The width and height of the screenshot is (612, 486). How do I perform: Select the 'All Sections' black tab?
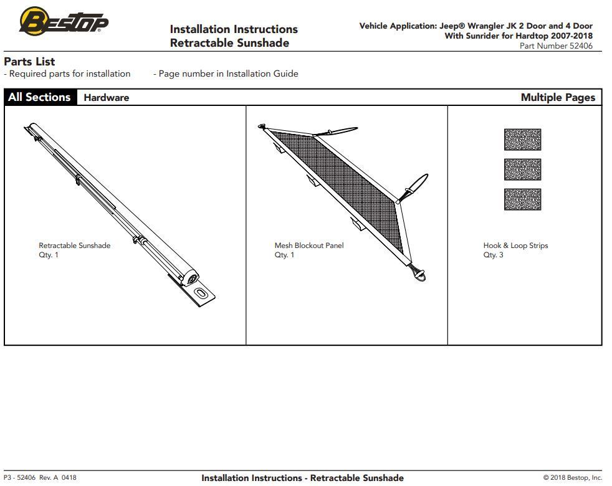(x=40, y=97)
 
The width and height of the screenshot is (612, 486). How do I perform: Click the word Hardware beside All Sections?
(x=106, y=97)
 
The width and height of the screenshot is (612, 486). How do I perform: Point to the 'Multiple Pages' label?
(x=557, y=97)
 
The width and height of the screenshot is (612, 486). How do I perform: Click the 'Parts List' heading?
(x=29, y=62)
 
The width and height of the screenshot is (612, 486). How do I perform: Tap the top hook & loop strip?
(x=522, y=140)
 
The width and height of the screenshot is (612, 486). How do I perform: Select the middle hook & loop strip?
(x=522, y=169)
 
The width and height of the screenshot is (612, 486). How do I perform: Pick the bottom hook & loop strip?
(x=522, y=199)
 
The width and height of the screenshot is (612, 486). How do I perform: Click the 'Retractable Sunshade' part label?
(x=74, y=245)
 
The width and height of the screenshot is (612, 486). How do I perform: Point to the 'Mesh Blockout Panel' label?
(x=308, y=245)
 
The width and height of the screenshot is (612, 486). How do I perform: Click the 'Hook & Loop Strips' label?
(x=515, y=245)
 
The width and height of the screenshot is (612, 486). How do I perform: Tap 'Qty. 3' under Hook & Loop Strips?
(x=493, y=255)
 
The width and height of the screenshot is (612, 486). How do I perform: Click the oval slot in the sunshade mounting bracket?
(x=201, y=293)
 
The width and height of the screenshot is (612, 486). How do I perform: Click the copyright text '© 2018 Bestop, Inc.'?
(x=572, y=478)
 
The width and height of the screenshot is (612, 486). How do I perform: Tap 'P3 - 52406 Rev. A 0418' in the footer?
(x=40, y=478)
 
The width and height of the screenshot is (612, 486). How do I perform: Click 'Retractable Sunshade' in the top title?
(x=229, y=43)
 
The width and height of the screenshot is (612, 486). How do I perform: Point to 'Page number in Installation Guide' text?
(x=228, y=74)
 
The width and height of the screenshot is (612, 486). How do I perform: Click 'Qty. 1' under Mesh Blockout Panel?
(x=284, y=255)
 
